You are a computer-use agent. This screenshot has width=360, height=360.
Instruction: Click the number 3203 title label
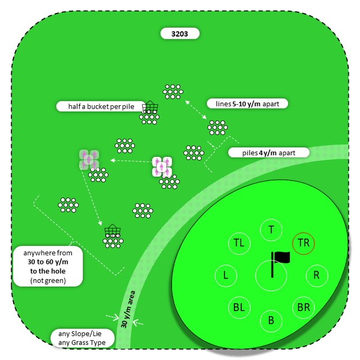click(179, 34)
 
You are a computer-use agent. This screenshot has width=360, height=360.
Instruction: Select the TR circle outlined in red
click(303, 243)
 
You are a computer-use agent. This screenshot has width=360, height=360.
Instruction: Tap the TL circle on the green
click(239, 243)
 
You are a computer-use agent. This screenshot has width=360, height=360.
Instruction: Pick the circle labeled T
click(271, 229)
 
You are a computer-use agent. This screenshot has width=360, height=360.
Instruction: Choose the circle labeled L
click(226, 276)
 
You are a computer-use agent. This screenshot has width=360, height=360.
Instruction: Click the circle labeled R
click(316, 276)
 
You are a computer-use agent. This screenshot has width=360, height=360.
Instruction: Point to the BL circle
click(239, 308)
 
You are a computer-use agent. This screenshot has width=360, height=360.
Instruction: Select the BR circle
click(303, 308)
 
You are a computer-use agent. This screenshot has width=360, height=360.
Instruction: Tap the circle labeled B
click(271, 321)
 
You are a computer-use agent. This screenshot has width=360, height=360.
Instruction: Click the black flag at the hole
click(280, 258)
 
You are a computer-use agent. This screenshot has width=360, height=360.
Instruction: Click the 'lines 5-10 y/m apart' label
click(247, 103)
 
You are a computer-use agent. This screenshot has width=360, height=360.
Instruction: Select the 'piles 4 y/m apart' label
click(269, 152)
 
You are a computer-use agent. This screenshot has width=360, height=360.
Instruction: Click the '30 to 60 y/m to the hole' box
click(50, 266)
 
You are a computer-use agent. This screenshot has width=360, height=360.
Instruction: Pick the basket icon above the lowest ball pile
click(112, 231)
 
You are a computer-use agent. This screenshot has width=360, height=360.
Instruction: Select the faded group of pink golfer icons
click(89, 159)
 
